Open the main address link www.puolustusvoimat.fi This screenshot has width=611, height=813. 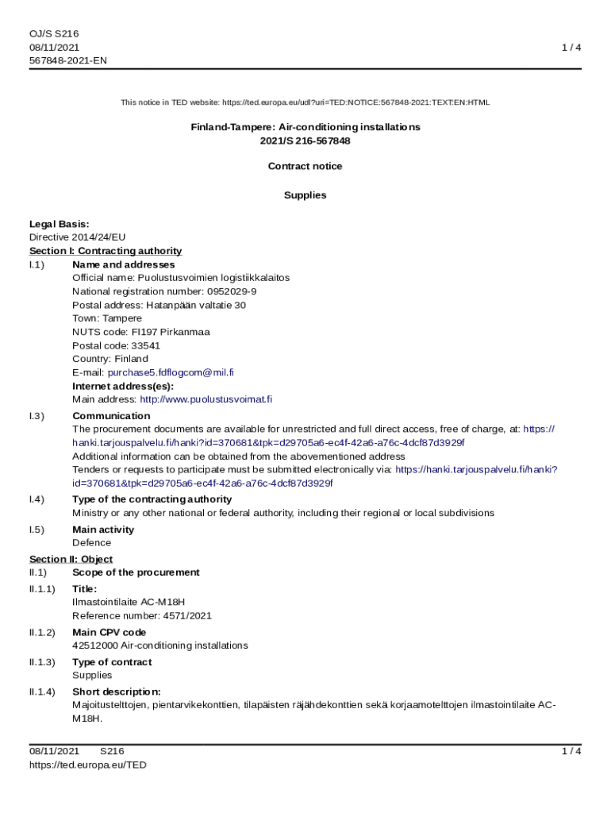206,399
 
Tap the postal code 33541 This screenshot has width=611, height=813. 145,345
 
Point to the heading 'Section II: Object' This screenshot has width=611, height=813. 71,559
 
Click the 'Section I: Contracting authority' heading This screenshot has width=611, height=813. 106,251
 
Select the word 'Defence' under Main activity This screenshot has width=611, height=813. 91,543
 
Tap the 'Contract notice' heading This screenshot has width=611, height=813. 305,166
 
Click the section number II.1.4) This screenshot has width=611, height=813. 43,692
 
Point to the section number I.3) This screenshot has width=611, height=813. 37,416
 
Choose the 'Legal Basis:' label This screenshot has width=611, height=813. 60,224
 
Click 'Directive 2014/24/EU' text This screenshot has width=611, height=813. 78,237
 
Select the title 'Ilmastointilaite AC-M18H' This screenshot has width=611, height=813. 129,602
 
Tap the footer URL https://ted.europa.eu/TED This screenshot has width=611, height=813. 88,765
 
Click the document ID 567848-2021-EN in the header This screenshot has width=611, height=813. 68,61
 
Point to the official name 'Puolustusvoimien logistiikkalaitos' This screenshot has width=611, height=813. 213,278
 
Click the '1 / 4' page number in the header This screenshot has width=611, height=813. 571,48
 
